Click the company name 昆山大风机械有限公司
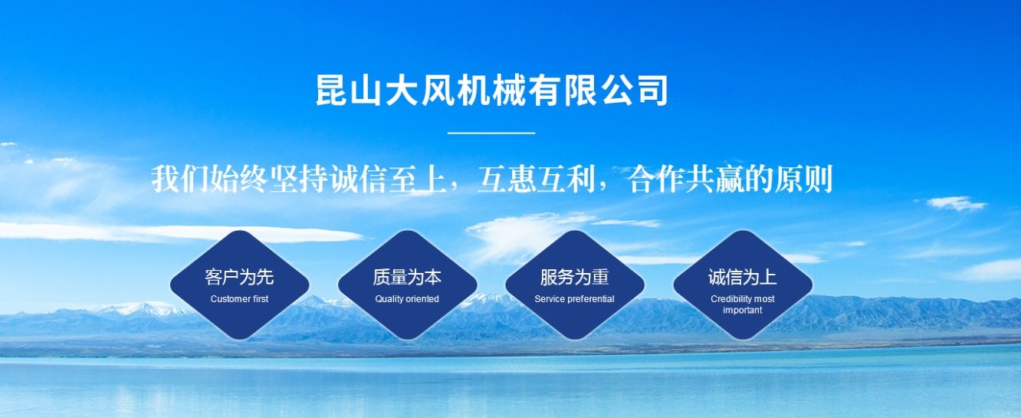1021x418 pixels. point(492,91)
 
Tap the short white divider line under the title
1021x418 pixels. point(491,133)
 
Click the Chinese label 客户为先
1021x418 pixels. point(239,277)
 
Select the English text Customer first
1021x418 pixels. point(239,299)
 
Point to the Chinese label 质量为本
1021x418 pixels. point(407,277)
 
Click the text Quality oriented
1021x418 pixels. point(407,299)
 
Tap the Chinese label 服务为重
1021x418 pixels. point(574,277)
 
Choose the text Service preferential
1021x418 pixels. point(574,299)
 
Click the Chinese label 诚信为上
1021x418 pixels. point(742,277)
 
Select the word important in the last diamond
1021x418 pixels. point(743,310)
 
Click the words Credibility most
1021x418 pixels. point(743,299)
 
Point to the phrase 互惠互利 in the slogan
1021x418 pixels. point(536,179)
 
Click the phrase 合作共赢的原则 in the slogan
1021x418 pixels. point(730,179)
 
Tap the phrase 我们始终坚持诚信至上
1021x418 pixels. point(298,179)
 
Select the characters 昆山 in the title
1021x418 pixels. point(349,91)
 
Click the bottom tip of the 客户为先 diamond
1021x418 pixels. point(240,340)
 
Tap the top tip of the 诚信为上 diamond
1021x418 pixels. point(743,230)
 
